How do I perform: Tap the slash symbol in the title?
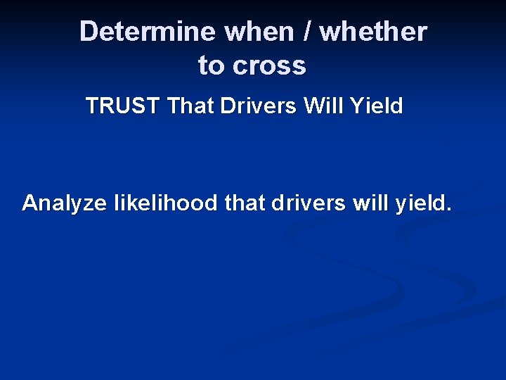pyautogui.click(x=307, y=32)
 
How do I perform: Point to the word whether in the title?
pyautogui.click(x=373, y=32)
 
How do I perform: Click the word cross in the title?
pyautogui.click(x=269, y=66)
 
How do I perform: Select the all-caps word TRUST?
pyautogui.click(x=123, y=106)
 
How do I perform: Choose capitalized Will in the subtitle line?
pyautogui.click(x=324, y=106)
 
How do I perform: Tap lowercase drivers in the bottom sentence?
pyautogui.click(x=309, y=203)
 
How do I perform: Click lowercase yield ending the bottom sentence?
pyautogui.click(x=420, y=203)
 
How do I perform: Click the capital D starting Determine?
pyautogui.click(x=89, y=32)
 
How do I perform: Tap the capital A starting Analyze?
pyautogui.click(x=30, y=203)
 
